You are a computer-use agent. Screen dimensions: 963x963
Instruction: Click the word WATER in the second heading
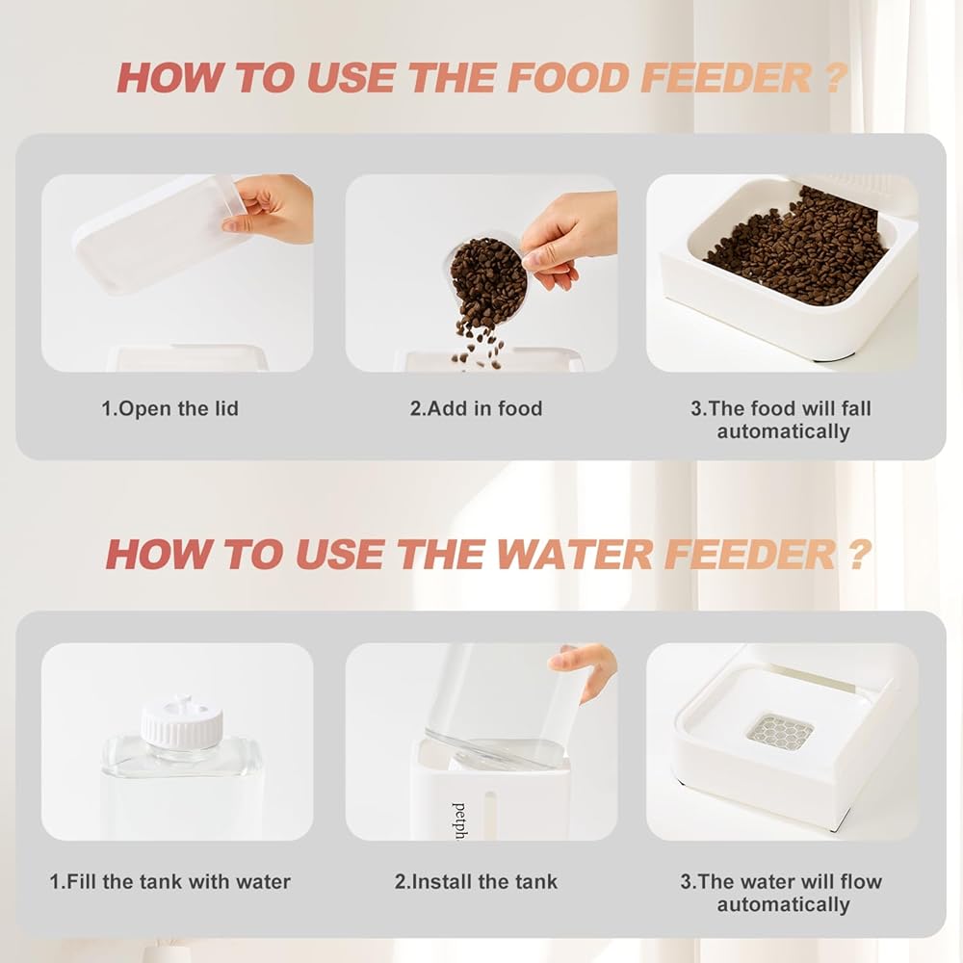pos(574,554)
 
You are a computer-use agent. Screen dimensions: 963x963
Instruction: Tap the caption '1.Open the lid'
pos(169,408)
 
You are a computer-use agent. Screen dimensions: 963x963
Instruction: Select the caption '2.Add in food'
pos(476,408)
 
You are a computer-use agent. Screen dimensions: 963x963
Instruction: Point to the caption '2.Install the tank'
pos(476,882)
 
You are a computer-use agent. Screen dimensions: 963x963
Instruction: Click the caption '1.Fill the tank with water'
pos(170,882)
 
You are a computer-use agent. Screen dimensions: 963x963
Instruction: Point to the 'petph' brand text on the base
pos(458,820)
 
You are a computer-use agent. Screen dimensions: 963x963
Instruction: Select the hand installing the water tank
pos(583,670)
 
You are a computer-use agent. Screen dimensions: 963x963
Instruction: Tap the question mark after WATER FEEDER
pos(858,554)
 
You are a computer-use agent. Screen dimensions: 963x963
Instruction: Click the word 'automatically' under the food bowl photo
pos(783,431)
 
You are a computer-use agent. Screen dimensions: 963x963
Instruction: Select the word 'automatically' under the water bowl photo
pos(783,904)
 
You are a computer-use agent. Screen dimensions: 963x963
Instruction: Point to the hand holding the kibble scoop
pos(565,238)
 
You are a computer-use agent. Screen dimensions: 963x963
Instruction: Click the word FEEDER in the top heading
pos(726,79)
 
